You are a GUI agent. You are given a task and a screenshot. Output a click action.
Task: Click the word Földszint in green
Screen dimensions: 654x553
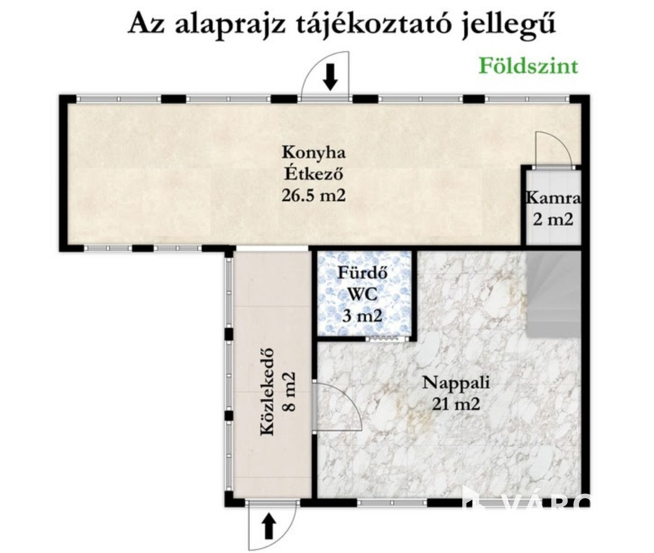point(528,67)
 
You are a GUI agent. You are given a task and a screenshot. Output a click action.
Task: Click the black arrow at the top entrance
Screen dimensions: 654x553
point(330,77)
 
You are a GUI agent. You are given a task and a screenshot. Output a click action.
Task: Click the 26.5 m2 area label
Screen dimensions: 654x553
point(313,195)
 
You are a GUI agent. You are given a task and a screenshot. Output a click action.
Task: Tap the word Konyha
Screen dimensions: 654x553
point(314,153)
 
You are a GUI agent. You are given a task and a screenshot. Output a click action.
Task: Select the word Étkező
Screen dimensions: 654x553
point(314,173)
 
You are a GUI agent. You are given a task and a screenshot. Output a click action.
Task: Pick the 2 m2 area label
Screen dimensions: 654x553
point(553,219)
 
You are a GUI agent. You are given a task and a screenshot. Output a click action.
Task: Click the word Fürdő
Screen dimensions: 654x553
point(362,273)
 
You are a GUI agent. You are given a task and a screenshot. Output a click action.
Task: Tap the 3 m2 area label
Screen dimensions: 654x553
point(362,316)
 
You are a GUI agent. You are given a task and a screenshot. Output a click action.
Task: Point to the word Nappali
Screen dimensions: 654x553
point(456,384)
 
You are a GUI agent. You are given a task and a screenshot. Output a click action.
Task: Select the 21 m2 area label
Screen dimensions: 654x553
point(456,404)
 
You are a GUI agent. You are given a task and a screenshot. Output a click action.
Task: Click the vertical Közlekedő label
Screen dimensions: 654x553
point(267,391)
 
